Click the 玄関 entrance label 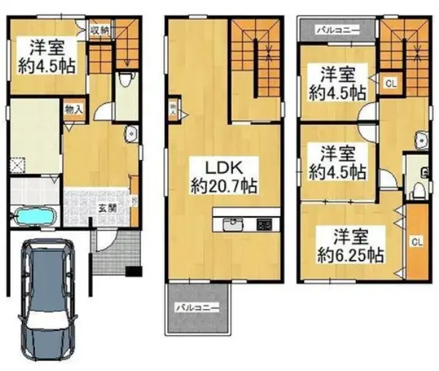[x=106, y=207]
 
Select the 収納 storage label [x=99, y=30]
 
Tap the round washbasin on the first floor [x=131, y=133]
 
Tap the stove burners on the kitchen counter [x=264, y=223]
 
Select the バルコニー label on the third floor [x=335, y=31]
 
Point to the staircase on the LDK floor [x=256, y=55]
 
